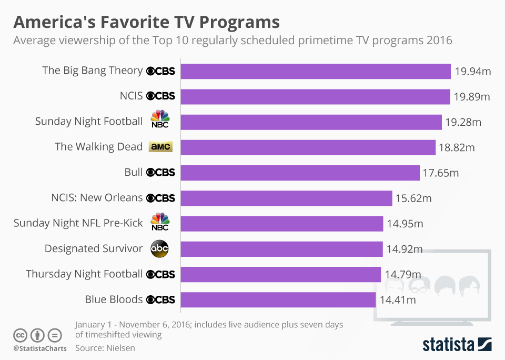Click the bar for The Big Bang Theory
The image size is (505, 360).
tap(316, 71)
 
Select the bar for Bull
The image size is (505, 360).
tap(300, 173)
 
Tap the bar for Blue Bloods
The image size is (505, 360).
tap(279, 299)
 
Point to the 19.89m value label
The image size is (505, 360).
tap(472, 97)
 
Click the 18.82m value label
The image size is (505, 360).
tap(457, 148)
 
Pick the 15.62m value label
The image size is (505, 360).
tap(413, 198)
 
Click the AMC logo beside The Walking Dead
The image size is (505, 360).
tap(160, 147)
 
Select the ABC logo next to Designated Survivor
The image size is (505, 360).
tap(160, 249)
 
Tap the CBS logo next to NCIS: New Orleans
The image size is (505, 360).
tap(160, 198)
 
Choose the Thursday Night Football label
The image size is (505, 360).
tap(84, 274)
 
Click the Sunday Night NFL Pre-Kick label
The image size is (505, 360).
tap(78, 223)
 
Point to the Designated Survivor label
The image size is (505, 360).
tap(94, 248)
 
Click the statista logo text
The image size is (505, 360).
tap(448, 345)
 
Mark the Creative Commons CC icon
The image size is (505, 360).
tap(20, 335)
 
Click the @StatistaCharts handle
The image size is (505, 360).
tap(39, 348)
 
